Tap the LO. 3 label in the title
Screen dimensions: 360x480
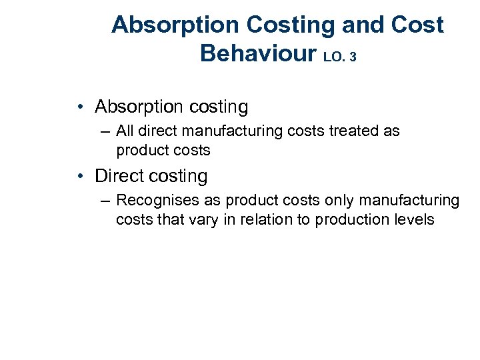pyautogui.click(x=339, y=57)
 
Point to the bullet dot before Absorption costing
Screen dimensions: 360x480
pyautogui.click(x=79, y=107)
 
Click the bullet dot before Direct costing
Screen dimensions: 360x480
pyautogui.click(x=79, y=177)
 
